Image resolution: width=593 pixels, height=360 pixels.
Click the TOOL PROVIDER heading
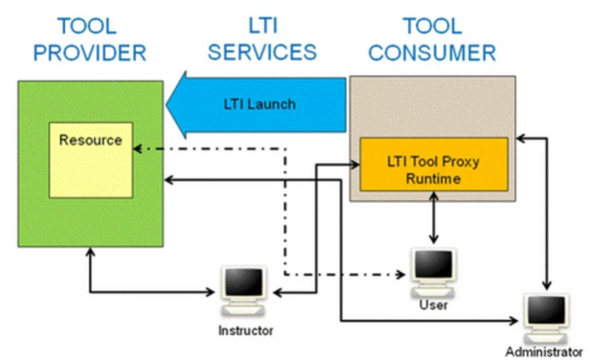[x=90, y=39]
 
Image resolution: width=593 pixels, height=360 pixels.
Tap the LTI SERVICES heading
[x=266, y=39]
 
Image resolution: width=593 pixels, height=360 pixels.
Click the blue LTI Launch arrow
[x=257, y=104]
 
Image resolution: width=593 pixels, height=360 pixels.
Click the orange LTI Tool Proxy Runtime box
[x=433, y=164]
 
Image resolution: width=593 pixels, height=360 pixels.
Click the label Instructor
[x=246, y=331]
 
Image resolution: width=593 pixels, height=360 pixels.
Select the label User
[x=433, y=305]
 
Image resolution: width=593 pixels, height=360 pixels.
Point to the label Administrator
[x=544, y=351]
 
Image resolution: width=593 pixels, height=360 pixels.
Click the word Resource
[x=90, y=140]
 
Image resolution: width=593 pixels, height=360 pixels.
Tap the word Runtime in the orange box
[x=433, y=178]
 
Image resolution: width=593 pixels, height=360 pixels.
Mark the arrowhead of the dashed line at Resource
[x=137, y=149]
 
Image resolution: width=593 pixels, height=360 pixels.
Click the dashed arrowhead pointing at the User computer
[x=401, y=274]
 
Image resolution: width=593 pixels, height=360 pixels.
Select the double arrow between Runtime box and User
[x=433, y=217]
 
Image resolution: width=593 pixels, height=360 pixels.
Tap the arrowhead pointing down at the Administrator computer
[x=546, y=287]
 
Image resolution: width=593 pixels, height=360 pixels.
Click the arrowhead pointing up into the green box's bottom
[x=90, y=253]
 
